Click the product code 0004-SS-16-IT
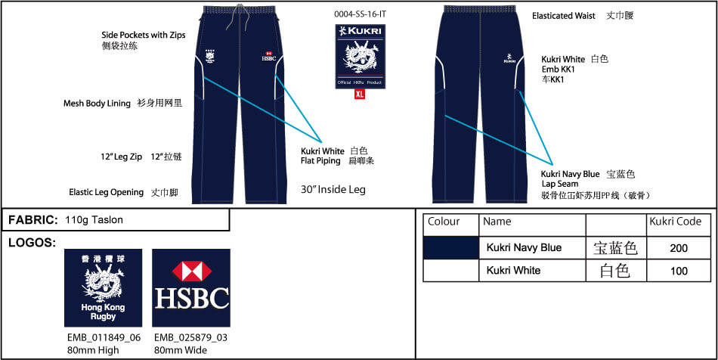pyautogui.click(x=359, y=14)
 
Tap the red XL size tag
pyautogui.click(x=360, y=95)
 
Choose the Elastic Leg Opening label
pyautogui.click(x=106, y=192)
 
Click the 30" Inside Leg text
pyautogui.click(x=333, y=190)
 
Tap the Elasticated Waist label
pyautogui.click(x=563, y=16)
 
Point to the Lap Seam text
pyautogui.click(x=560, y=184)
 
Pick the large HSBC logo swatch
pyautogui.click(x=191, y=287)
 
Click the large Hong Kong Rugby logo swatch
pyautogui.click(x=103, y=287)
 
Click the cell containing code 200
pyautogui.click(x=678, y=247)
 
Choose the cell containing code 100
pyautogui.click(x=678, y=270)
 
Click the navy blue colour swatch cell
pyautogui.click(x=450, y=247)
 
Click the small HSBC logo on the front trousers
pyautogui.click(x=268, y=57)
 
